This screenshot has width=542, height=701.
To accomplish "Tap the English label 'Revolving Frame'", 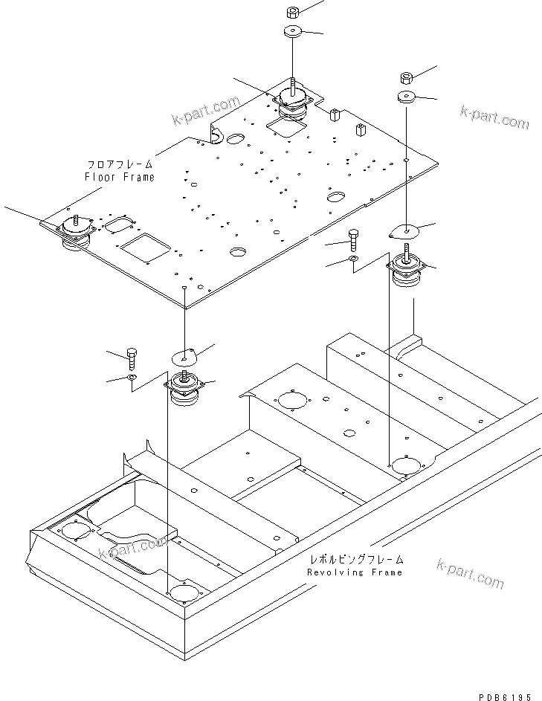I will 355,572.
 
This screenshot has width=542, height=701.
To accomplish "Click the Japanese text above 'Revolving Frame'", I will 355,560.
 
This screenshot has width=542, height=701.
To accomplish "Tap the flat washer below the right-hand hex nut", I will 407,97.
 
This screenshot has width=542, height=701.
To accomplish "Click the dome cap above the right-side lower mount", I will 404,231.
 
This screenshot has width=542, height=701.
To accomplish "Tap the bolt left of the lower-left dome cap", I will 132,360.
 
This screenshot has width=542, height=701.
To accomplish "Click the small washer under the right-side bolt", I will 353,259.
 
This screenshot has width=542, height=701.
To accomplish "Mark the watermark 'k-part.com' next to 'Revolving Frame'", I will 471,573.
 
